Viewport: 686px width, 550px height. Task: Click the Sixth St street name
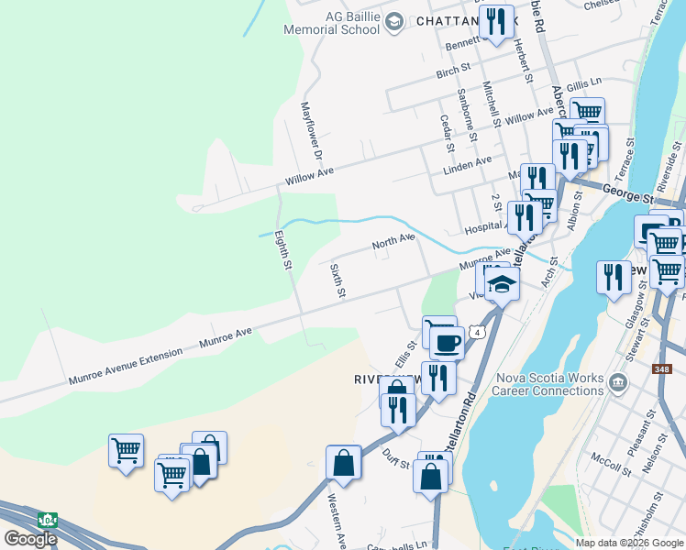(337, 280)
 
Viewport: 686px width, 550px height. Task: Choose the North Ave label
(393, 242)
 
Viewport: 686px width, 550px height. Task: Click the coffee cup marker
(447, 342)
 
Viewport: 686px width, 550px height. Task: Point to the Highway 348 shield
(662, 369)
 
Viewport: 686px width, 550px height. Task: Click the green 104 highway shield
(47, 520)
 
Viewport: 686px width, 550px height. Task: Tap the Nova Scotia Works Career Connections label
(549, 384)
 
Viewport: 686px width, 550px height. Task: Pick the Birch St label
(453, 69)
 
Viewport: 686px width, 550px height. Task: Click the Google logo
(31, 538)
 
